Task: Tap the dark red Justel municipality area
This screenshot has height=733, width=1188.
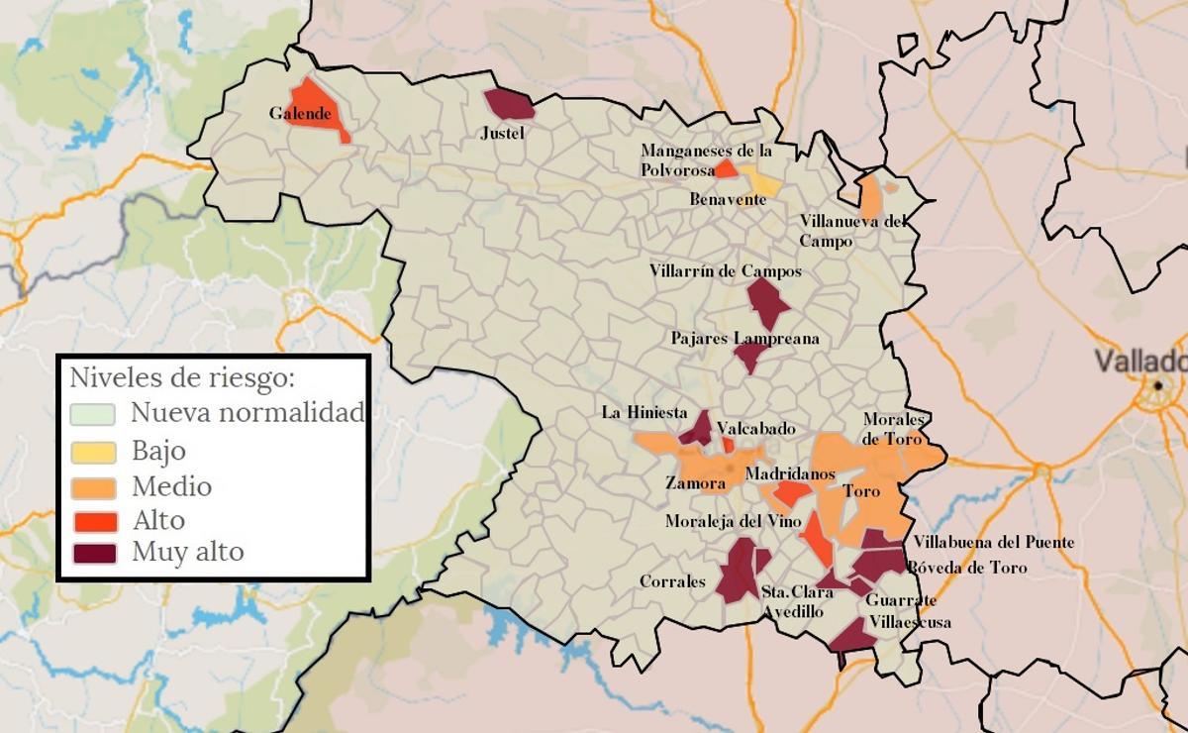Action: click(509, 104)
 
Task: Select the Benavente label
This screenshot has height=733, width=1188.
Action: click(728, 200)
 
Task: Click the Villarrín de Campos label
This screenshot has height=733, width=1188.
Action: click(725, 270)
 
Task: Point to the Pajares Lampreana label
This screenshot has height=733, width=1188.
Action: click(744, 339)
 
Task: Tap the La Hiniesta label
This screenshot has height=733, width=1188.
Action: click(643, 412)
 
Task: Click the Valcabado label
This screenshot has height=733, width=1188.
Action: click(755, 429)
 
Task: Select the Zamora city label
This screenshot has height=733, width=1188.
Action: click(695, 484)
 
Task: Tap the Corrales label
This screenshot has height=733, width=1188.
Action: click(672, 581)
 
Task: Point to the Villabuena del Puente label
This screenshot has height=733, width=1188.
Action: click(993, 543)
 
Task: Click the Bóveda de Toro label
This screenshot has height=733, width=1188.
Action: click(967, 569)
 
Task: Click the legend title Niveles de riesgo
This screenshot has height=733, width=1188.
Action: click(181, 377)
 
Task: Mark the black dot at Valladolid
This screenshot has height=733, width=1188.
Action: click(1157, 384)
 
